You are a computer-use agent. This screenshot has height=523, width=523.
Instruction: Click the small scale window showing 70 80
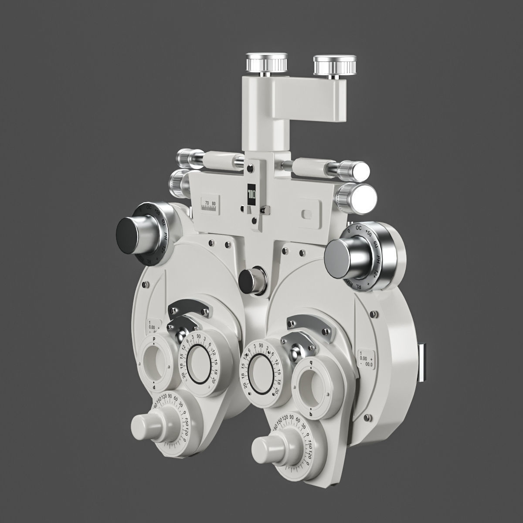click(x=211, y=204)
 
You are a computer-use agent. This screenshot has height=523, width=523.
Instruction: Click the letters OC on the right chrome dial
click(x=359, y=228)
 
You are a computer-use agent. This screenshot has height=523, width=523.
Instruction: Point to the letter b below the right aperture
click(x=310, y=413)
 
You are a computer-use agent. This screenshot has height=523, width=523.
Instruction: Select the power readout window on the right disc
click(x=365, y=360)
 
